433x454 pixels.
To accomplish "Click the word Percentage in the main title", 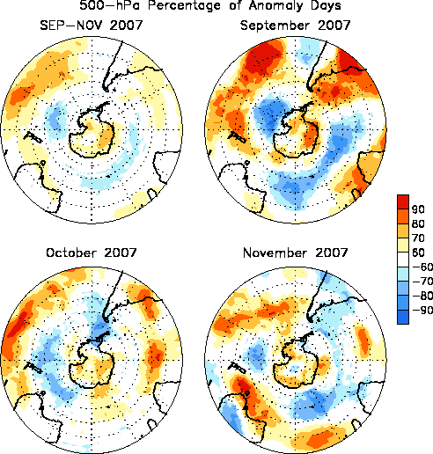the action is [184, 5].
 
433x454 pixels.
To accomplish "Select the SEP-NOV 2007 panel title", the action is [92, 26].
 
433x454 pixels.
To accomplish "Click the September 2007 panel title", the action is [296, 26].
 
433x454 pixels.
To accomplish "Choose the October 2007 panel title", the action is [92, 253].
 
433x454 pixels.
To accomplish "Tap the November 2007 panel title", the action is [296, 253].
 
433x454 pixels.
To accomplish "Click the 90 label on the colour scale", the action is [418, 209].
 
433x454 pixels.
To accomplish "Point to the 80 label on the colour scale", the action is [418, 223].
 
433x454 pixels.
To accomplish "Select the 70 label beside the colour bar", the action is [418, 238].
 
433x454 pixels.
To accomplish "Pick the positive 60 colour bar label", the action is [418, 253].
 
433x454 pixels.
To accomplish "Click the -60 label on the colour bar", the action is [422, 267].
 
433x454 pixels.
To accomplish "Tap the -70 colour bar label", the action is [422, 282].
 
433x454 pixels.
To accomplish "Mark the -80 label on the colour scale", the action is [422, 296].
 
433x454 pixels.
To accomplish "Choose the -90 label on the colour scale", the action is [422, 310].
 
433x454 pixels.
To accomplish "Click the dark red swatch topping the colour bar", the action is [403, 201].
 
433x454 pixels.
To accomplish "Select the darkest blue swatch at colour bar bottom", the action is [403, 317].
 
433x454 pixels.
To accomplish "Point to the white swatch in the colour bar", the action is [403, 260].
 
